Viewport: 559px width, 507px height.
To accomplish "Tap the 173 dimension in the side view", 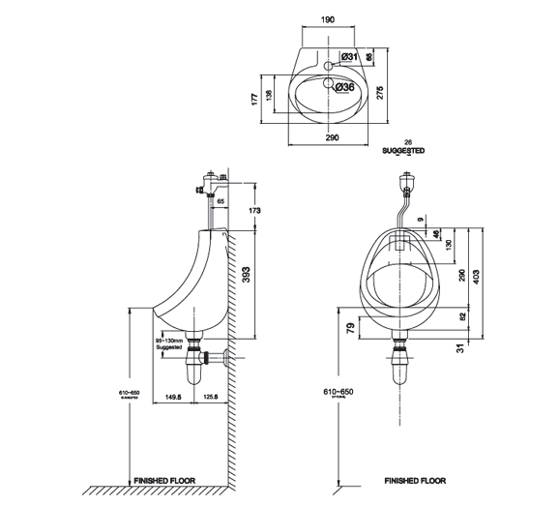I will (x=254, y=210).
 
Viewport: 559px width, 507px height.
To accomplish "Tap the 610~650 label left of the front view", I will (x=337, y=393).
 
